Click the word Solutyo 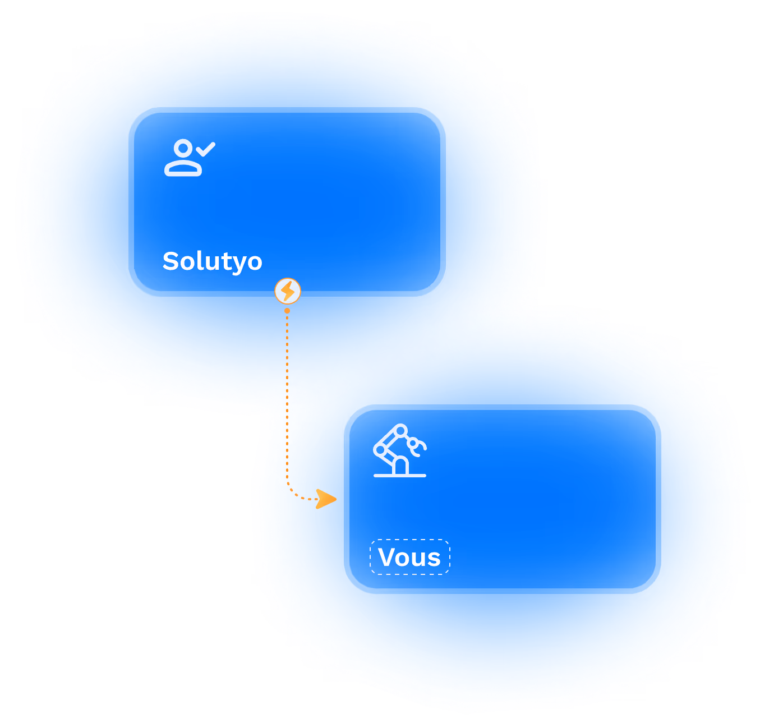[x=212, y=261]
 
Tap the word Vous [x=409, y=557]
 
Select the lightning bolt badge [x=288, y=291]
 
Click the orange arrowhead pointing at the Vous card [x=326, y=499]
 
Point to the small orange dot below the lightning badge [x=287, y=311]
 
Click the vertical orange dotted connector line [x=287, y=393]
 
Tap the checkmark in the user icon [x=205, y=149]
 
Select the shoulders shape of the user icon [x=183, y=168]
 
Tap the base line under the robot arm [x=399, y=476]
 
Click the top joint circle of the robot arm [x=400, y=431]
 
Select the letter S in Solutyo [x=171, y=261]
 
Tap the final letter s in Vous [x=434, y=559]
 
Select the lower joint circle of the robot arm [x=380, y=450]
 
